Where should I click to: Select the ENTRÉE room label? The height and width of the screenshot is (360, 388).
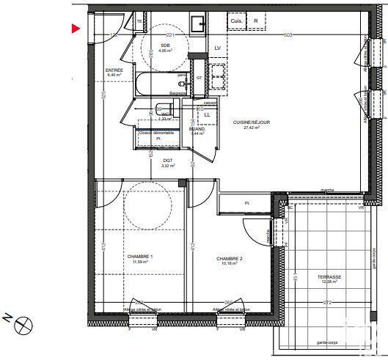tap(114, 72)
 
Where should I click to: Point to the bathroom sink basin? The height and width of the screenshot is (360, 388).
tap(198, 25)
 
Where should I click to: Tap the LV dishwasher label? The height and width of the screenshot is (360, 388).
tap(218, 48)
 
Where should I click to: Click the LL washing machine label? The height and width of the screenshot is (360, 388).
tap(208, 115)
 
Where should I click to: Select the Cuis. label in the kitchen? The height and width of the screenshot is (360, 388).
tap(237, 21)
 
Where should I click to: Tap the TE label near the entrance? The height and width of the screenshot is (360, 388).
tap(139, 22)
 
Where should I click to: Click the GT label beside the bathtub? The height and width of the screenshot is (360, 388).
tap(199, 87)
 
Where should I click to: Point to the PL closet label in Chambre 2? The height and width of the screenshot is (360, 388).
tap(247, 203)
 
